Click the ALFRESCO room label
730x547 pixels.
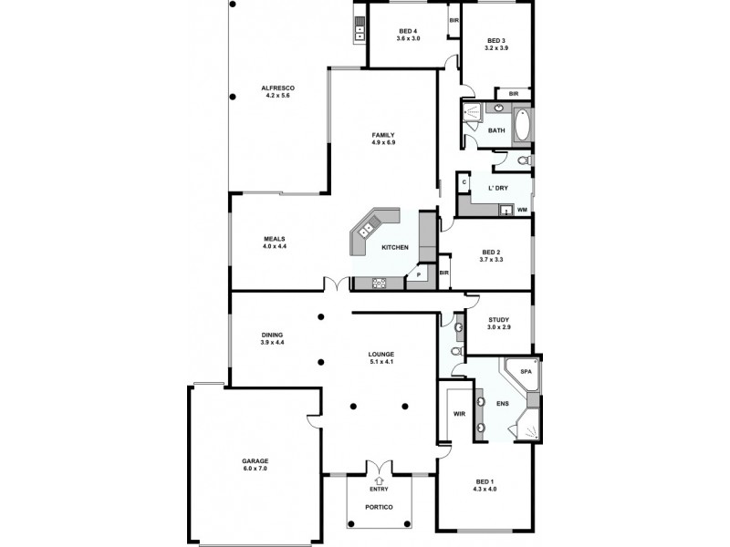click(278, 88)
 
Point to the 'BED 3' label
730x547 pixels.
click(496, 40)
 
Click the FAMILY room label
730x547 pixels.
click(382, 135)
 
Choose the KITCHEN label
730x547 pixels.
click(394, 248)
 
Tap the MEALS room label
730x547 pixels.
click(275, 239)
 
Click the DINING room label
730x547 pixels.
click(273, 335)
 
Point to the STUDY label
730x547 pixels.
click(498, 319)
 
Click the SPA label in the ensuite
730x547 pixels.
click(525, 372)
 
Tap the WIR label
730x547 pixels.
click(460, 414)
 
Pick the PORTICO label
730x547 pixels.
click(378, 507)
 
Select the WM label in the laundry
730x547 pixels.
click(522, 210)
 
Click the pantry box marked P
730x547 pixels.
click(419, 274)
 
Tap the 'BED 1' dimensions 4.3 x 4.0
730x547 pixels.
click(485, 489)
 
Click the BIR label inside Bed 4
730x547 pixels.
click(454, 20)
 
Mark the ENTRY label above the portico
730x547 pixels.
click(379, 490)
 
